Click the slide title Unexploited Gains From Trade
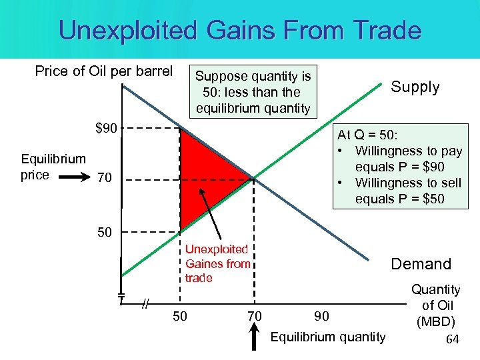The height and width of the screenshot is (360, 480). [240, 31]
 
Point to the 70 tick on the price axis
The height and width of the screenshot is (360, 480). [105, 179]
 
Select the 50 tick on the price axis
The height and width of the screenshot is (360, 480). [105, 232]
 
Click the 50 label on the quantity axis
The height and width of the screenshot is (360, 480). [180, 315]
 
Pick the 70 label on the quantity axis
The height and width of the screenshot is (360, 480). [254, 315]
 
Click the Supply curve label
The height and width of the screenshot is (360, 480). [415, 87]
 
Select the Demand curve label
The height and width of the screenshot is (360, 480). [421, 264]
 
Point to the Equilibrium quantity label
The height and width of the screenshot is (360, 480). [327, 337]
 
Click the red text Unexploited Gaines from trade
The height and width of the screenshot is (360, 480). [217, 263]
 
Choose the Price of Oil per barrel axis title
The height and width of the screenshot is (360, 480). [103, 71]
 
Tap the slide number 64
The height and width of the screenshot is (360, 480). [453, 340]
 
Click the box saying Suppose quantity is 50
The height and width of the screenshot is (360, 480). [253, 92]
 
